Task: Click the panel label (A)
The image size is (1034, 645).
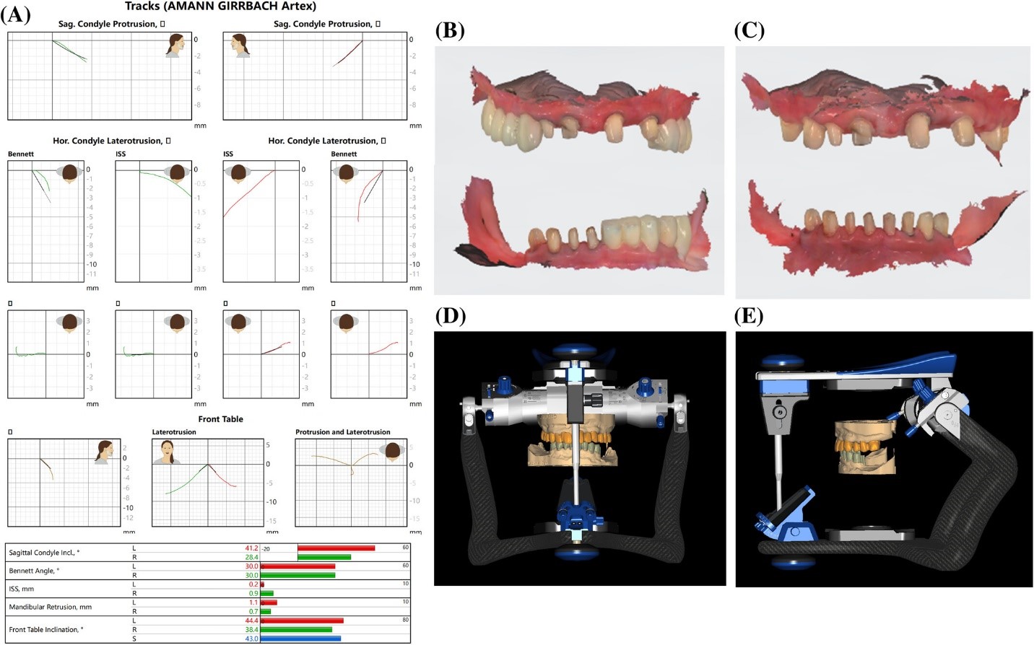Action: point(18,14)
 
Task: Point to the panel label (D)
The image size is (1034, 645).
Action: point(450,316)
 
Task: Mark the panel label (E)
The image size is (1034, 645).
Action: point(749,316)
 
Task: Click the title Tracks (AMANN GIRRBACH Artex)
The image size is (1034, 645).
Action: point(220,6)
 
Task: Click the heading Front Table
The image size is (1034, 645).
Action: point(220,419)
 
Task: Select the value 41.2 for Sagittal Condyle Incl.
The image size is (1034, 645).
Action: point(251,548)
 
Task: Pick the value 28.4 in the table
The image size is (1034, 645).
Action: point(251,557)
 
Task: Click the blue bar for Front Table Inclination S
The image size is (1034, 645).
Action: point(300,639)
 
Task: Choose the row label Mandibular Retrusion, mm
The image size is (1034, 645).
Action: point(50,607)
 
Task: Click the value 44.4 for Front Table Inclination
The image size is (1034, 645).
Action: point(251,620)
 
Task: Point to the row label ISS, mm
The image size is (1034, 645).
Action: point(21,589)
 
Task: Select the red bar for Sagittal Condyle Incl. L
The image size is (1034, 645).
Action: point(336,548)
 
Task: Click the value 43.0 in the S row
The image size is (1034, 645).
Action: point(251,639)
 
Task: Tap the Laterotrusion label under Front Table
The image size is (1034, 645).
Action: point(173,432)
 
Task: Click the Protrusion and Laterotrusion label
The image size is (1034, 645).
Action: point(342,432)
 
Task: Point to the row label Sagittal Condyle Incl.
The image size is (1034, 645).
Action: point(44,553)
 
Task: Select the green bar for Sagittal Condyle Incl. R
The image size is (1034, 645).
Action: point(324,557)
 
